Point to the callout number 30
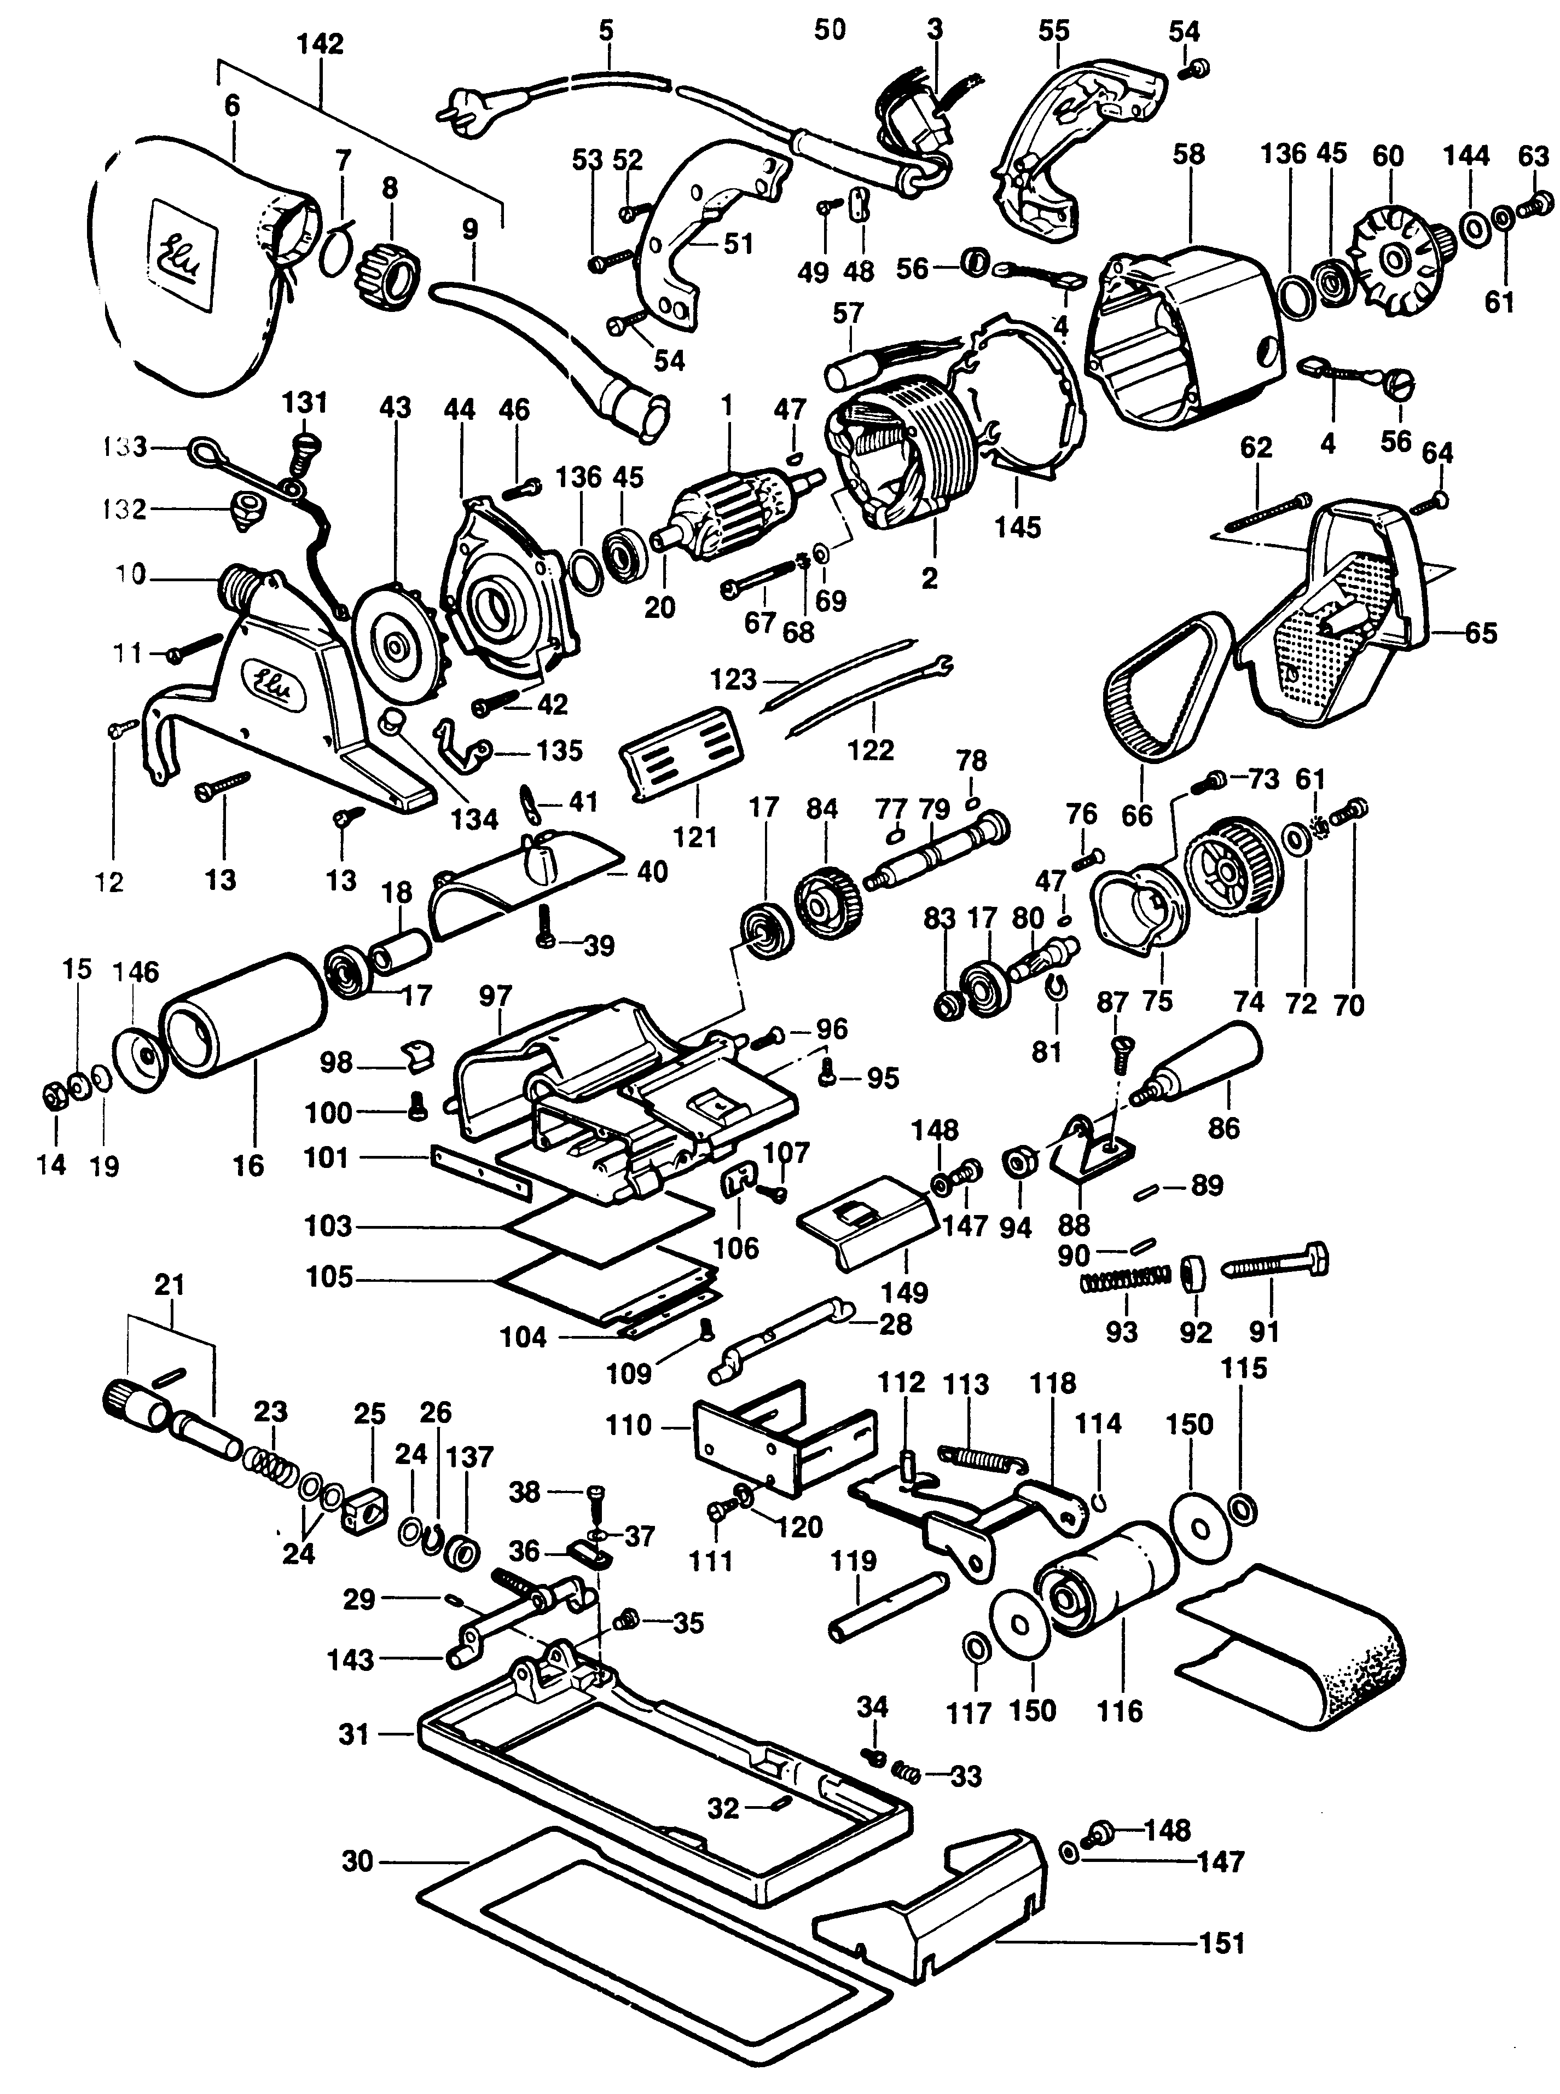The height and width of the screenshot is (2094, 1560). pos(357,1861)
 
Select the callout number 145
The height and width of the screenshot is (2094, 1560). pos(1017,526)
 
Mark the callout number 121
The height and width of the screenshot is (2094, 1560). pos(695,837)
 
